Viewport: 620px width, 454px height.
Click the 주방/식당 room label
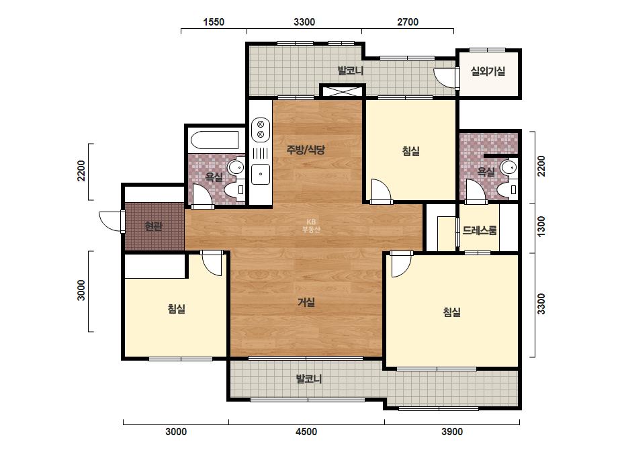306,150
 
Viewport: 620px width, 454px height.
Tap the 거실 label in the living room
306,302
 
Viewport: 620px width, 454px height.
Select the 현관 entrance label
153,226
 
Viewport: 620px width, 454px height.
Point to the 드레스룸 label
480,230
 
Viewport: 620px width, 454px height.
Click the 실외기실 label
488,71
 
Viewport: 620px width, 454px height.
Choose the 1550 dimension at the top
214,21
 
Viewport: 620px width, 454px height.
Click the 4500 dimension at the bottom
306,431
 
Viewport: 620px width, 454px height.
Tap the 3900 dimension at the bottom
452,431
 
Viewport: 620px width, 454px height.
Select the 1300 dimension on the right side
541,226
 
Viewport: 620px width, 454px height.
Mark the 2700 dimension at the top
408,21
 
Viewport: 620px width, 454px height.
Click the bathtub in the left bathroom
215,140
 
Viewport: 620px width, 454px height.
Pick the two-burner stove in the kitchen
261,130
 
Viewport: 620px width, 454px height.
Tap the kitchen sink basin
261,174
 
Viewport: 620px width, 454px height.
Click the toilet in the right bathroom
508,189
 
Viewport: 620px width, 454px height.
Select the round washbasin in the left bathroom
237,167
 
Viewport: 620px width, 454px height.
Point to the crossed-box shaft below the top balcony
343,91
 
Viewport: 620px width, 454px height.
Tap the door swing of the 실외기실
445,77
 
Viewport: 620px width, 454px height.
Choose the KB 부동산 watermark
311,226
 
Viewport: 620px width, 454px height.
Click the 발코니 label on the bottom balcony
309,379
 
